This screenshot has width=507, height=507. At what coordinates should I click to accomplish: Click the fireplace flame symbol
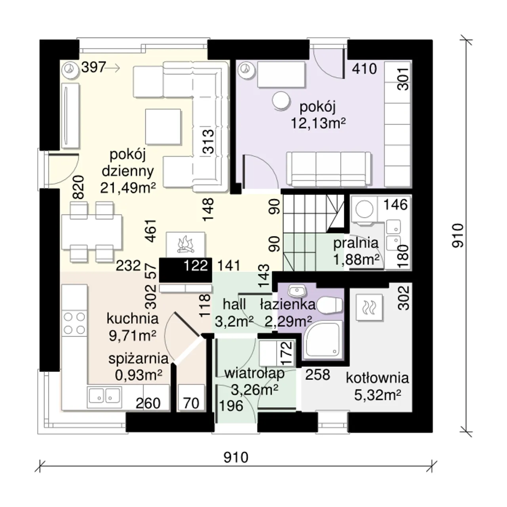coord(186,244)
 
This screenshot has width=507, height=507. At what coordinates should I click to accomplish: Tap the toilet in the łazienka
coord(330,305)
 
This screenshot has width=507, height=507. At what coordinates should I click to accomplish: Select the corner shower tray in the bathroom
coord(323,339)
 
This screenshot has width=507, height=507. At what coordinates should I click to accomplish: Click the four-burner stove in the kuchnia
coord(74,323)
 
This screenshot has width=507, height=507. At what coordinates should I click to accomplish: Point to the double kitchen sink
coord(105,395)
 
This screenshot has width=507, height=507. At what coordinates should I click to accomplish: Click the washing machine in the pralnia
coord(364,210)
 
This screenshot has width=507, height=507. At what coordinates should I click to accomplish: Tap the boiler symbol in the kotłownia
coord(370,307)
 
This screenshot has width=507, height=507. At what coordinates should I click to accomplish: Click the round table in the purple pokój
coord(281,101)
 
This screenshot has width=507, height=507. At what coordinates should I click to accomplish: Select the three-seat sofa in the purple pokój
coord(329,169)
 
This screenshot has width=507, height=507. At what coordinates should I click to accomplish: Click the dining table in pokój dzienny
coord(92,232)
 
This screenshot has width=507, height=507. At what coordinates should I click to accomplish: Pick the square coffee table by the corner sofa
coord(163,127)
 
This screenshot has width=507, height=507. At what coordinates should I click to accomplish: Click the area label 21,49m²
coord(128,188)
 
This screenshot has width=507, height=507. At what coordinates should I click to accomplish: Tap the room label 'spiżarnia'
coord(138,359)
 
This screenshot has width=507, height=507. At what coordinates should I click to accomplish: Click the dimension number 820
coord(79,187)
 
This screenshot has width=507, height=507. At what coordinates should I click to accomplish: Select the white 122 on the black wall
coord(196,265)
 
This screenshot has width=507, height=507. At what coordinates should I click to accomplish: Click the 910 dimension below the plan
coord(236,457)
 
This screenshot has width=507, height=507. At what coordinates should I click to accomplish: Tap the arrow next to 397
coord(112,68)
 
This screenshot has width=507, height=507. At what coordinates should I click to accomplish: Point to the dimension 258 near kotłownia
coord(317,375)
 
